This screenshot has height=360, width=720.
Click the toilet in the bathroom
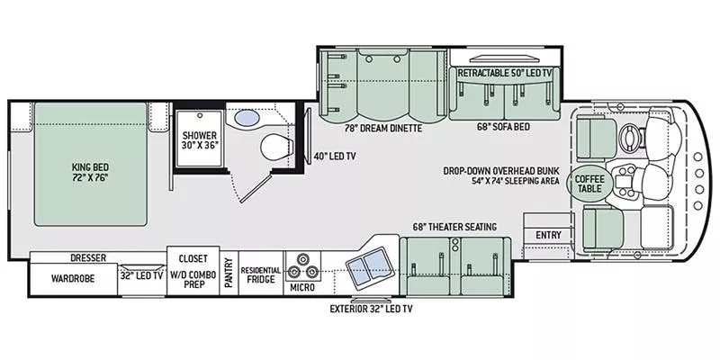coord(275,147)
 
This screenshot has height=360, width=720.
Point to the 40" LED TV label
coord(335,156)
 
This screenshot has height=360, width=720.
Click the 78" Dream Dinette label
coord(375,129)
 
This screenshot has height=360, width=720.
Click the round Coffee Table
coord(589,182)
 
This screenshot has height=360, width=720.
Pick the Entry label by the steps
coord(547,236)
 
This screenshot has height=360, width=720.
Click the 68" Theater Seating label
coord(455,227)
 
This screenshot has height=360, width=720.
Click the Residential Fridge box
coord(260,274)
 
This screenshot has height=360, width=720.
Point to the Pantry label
coord(229,274)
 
